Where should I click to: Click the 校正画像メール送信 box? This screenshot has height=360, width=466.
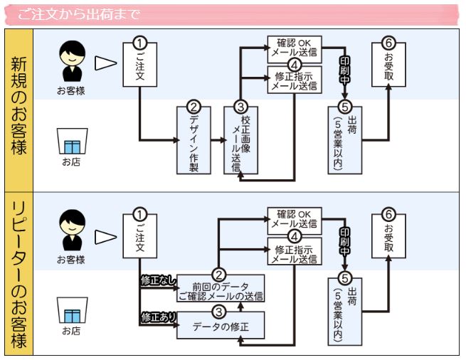pos(240,141)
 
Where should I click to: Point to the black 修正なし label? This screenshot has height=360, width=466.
pos(157,280)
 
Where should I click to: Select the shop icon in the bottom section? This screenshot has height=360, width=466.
pos(71,312)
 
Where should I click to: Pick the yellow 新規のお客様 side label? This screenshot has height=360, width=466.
pos(19,109)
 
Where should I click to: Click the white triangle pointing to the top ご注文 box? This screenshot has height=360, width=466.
pos(105,63)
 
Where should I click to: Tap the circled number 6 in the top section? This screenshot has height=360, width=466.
pos(388,42)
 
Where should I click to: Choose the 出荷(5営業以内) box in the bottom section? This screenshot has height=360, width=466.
pos(345,312)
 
